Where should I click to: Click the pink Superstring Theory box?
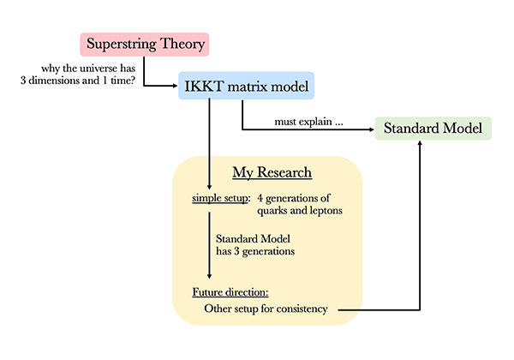[145, 44]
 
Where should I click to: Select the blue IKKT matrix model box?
[246, 86]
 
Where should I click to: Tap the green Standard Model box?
[433, 130]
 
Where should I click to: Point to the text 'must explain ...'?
[309, 123]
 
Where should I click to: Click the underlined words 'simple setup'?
[220, 199]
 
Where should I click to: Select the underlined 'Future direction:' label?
[230, 291]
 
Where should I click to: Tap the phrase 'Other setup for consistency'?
[266, 309]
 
